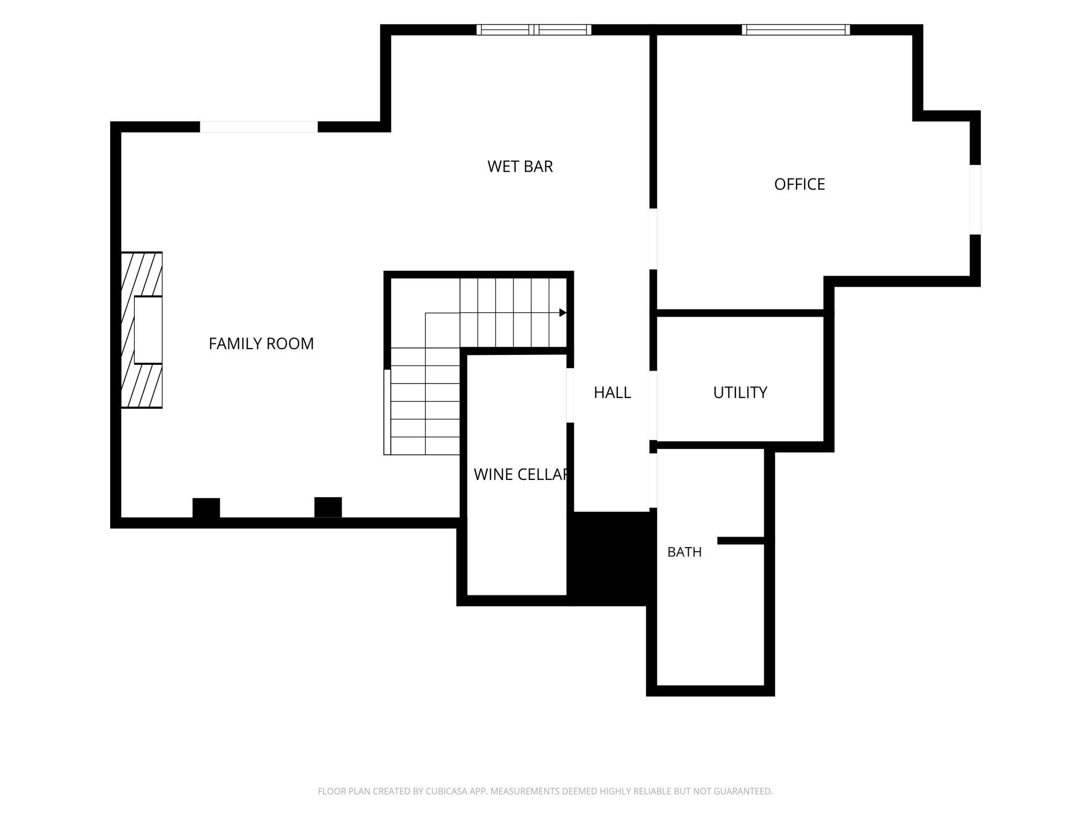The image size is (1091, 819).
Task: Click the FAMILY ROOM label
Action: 261,343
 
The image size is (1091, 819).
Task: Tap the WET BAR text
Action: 520,166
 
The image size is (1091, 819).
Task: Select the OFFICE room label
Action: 799,184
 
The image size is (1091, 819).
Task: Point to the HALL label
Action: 612,393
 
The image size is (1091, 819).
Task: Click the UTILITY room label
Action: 740,393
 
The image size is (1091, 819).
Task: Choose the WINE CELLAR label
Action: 520,475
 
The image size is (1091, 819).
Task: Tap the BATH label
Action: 684,552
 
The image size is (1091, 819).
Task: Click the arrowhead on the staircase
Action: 563,313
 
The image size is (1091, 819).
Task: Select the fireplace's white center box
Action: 148,330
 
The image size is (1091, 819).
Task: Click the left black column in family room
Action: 206,508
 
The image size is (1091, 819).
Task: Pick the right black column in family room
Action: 328,507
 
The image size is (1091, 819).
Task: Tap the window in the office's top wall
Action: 796,30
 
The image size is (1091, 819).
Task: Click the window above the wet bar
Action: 534,30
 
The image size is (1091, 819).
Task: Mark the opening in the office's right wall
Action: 975,199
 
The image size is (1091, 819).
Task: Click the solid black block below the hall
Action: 612,559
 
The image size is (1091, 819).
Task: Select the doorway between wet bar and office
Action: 654,239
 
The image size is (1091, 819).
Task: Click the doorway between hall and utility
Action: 654,405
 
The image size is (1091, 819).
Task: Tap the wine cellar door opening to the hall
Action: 570,395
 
